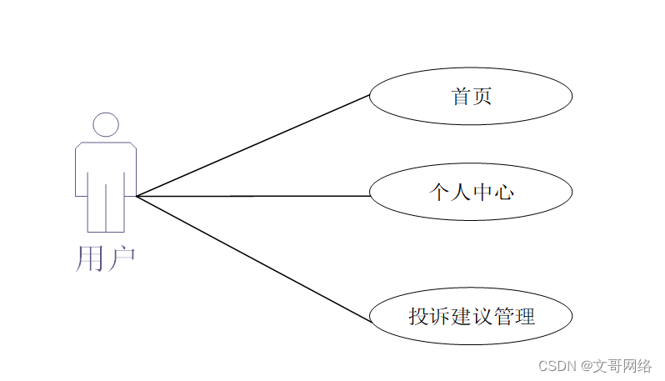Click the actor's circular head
(x=106, y=124)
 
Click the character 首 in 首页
(x=461, y=97)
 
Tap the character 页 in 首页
(x=482, y=97)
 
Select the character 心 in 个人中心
(x=503, y=193)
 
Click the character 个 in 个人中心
(x=438, y=193)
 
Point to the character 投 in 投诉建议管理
(x=418, y=317)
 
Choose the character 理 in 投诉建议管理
(x=525, y=317)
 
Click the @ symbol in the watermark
(x=586, y=366)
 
